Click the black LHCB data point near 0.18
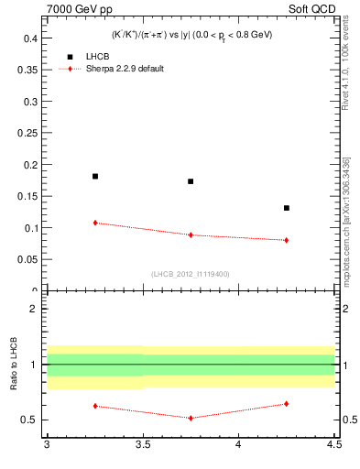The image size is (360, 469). pyautogui.click(x=95, y=176)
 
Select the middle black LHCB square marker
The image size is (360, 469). pyautogui.click(x=191, y=181)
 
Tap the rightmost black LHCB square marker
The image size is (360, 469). pyautogui.click(x=287, y=208)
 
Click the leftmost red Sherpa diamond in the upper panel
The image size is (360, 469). pyautogui.click(x=95, y=223)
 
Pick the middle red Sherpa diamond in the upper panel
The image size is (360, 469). pyautogui.click(x=191, y=234)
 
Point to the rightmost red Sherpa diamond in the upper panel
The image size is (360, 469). pyautogui.click(x=287, y=240)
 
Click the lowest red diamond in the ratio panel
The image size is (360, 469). pyautogui.click(x=191, y=418)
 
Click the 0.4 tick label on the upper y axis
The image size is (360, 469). pyautogui.click(x=29, y=38)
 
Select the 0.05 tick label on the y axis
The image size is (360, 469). pyautogui.click(x=27, y=259)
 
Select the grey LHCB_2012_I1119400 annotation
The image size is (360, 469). pyautogui.click(x=191, y=274)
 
